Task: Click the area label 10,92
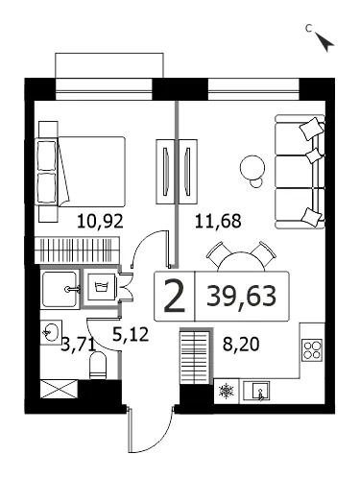pyautogui.click(x=100, y=221)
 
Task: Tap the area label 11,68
pyautogui.click(x=218, y=221)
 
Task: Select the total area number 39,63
pyautogui.click(x=241, y=296)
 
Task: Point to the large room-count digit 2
pyautogui.click(x=175, y=296)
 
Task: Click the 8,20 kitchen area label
pyautogui.click(x=241, y=345)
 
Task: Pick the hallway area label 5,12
pyautogui.click(x=131, y=334)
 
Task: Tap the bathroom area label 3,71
pyautogui.click(x=78, y=345)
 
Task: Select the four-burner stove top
pyautogui.click(x=312, y=350)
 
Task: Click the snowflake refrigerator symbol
pyautogui.click(x=227, y=391)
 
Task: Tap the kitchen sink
pyautogui.click(x=256, y=391)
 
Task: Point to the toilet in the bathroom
pyautogui.click(x=98, y=365)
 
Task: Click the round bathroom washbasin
pyautogui.click(x=51, y=332)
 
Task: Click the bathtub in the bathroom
pyautogui.click(x=60, y=289)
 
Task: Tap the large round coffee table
pyautogui.click(x=252, y=167)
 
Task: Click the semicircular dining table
pyautogui.click(x=241, y=262)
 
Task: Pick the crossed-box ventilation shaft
pyautogui.click(x=60, y=389)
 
